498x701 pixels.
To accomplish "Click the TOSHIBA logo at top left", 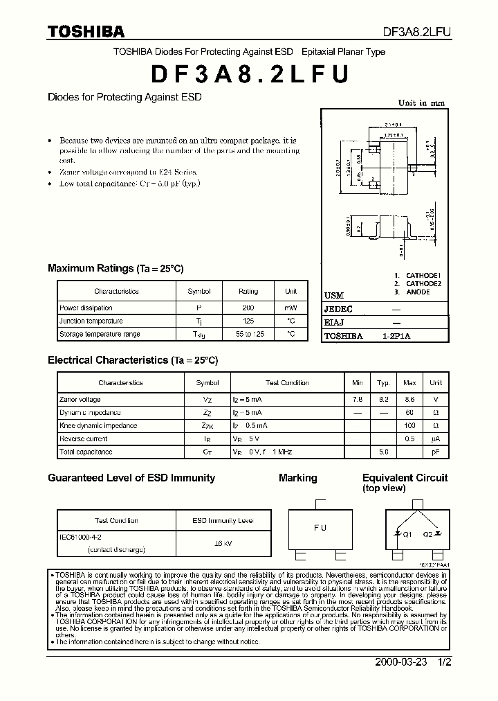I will (86, 31).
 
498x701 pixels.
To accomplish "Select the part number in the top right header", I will (417, 32).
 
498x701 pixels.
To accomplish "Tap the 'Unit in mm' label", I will (421, 103).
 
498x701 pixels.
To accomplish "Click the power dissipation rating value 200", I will (248, 308).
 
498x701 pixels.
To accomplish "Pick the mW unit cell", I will (290, 308).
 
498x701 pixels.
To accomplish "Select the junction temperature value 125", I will (248, 321).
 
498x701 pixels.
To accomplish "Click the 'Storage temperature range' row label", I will (100, 334).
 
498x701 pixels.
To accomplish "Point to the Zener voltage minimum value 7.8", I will (357, 400).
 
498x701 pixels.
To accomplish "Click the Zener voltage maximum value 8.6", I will (409, 400).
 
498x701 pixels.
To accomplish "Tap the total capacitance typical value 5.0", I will (383, 452).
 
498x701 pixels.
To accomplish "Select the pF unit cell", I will (436, 452).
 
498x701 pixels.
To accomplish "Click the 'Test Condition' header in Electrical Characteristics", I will (287, 382).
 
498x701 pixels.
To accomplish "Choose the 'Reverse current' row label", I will (84, 438).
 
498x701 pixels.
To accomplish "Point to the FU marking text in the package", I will (320, 528).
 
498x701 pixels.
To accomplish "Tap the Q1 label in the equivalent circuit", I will (407, 534).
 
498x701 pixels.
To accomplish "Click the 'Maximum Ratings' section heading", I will (90, 268).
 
